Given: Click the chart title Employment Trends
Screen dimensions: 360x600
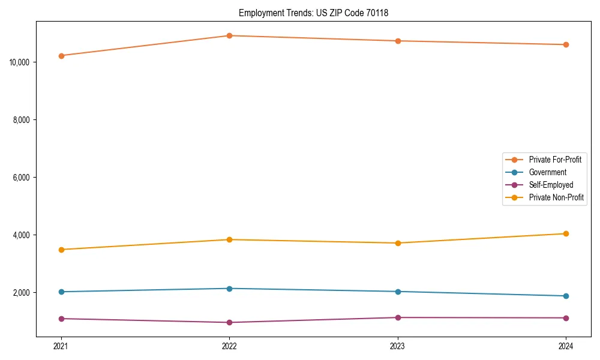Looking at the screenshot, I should (x=313, y=13).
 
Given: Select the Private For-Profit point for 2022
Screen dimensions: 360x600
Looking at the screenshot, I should (x=229, y=35).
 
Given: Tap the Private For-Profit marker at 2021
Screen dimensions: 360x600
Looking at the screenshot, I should (x=61, y=56).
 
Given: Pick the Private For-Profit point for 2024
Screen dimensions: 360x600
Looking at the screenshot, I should (x=566, y=44).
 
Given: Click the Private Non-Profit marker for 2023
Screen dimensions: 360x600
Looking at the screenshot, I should (x=398, y=243).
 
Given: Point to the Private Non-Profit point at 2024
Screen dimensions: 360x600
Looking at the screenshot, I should (x=566, y=233).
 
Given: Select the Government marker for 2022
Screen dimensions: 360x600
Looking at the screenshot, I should (x=229, y=289).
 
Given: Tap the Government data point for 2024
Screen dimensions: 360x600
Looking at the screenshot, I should (x=566, y=296).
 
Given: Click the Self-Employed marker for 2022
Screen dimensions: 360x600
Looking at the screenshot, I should (x=229, y=322).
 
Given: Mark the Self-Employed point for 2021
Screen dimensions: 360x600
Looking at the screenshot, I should (x=61, y=319).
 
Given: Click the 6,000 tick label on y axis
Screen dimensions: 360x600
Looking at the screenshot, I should (x=22, y=178).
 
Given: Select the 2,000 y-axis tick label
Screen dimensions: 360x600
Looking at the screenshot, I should (x=22, y=293).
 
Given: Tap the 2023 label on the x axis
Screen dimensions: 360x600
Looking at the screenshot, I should (x=398, y=346).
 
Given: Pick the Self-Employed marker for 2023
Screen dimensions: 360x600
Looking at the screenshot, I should (x=398, y=317).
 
